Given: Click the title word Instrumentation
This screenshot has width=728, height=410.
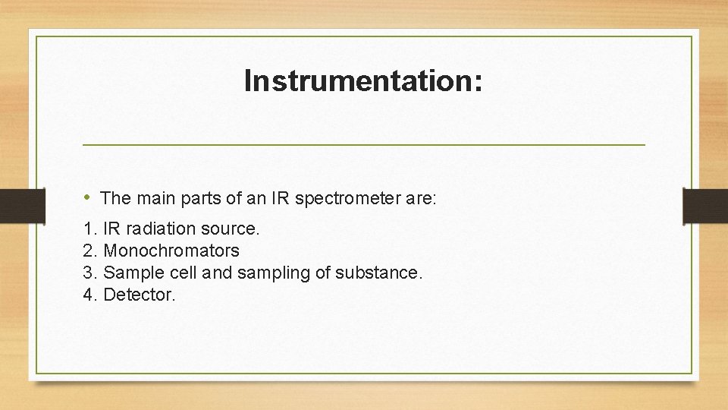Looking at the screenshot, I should pos(362,80).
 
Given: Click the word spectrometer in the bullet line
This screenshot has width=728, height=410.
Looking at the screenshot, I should pos(350,199).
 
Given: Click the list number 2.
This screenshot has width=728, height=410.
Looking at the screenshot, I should pos(89,251).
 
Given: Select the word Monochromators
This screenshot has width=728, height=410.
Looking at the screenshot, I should pos(171,251).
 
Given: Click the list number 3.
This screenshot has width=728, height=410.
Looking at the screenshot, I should pos(89,273).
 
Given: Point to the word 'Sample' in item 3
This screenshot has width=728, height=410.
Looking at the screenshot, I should pos(130,273).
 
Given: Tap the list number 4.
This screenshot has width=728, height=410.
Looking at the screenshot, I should pos(89,295).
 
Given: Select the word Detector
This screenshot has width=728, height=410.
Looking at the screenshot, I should pos(138,295).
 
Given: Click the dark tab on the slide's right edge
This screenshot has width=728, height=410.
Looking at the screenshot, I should pos(705,206).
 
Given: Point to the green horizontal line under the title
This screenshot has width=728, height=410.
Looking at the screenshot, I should pos(363,143).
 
